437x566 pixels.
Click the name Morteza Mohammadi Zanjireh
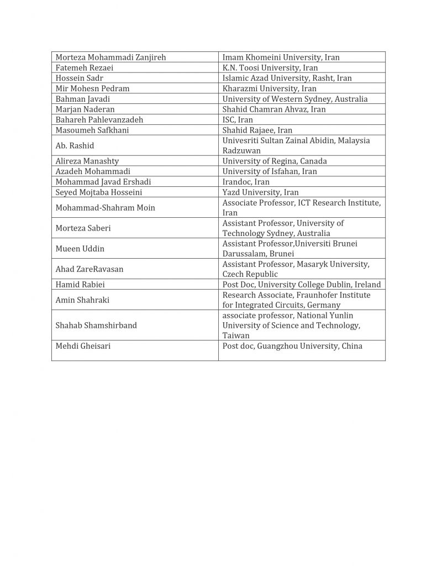(x=110, y=57)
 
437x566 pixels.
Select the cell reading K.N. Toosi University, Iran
(x=270, y=67)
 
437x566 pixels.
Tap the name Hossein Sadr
(x=80, y=78)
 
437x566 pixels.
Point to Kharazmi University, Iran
(x=269, y=88)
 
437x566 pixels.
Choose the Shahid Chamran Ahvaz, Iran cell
(x=274, y=109)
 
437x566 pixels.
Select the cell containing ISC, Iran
(x=238, y=119)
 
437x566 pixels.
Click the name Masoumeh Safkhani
(x=92, y=130)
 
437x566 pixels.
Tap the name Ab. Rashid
(x=75, y=145)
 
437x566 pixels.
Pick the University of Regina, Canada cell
(x=275, y=161)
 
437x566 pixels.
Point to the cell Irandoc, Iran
(x=246, y=182)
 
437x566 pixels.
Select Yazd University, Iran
(x=260, y=192)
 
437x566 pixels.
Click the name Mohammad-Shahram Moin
(x=105, y=208)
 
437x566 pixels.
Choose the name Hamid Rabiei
(x=80, y=285)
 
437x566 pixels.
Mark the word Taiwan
(x=236, y=336)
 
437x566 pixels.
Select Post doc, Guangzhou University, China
(x=292, y=346)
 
